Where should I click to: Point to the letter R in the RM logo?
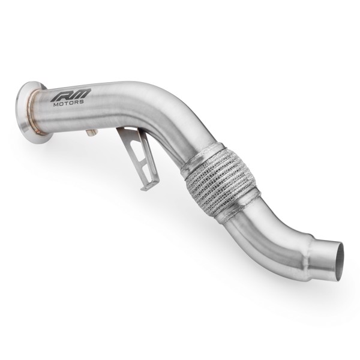pos(60,94)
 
